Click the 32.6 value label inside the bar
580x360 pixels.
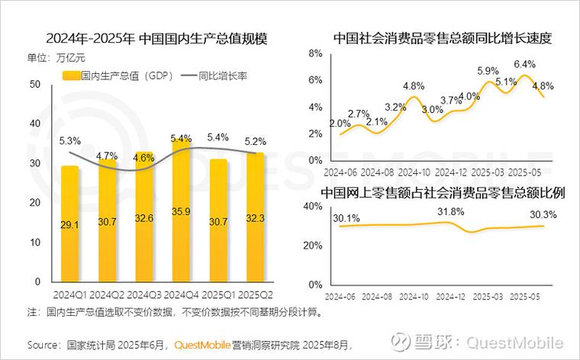144,218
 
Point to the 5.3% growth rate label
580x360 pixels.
69,141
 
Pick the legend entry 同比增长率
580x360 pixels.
222,76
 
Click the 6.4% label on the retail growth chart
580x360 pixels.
524,65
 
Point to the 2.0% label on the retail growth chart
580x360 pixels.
340,124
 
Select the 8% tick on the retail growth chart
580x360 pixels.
314,53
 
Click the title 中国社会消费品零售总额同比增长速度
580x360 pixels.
442,37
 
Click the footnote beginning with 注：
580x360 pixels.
175,312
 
